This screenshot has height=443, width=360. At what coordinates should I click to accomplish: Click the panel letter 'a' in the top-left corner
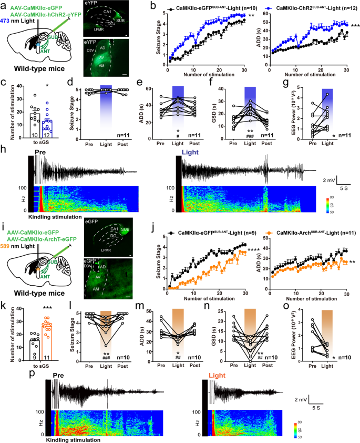(x=5, y=5)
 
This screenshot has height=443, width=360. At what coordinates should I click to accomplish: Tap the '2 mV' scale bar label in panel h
(x=325, y=179)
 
